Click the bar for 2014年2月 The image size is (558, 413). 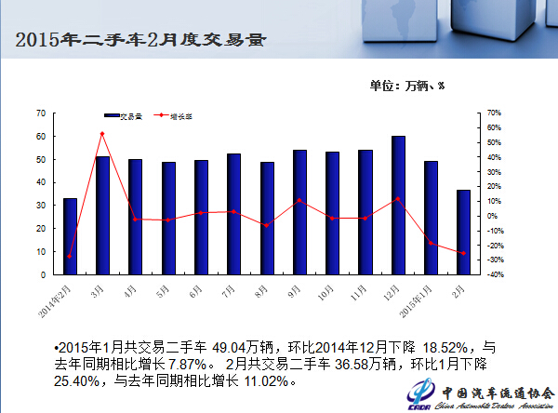point(70,236)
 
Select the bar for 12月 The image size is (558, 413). point(398,206)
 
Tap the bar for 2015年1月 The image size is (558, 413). point(431,218)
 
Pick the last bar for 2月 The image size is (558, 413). point(463,233)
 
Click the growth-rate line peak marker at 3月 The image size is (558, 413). point(102,134)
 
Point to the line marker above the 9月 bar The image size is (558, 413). point(299,200)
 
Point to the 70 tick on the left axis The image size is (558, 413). point(40,113)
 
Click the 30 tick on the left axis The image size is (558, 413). point(40,206)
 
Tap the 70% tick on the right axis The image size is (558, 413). point(494,113)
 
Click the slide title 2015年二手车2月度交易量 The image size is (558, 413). point(140,39)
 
